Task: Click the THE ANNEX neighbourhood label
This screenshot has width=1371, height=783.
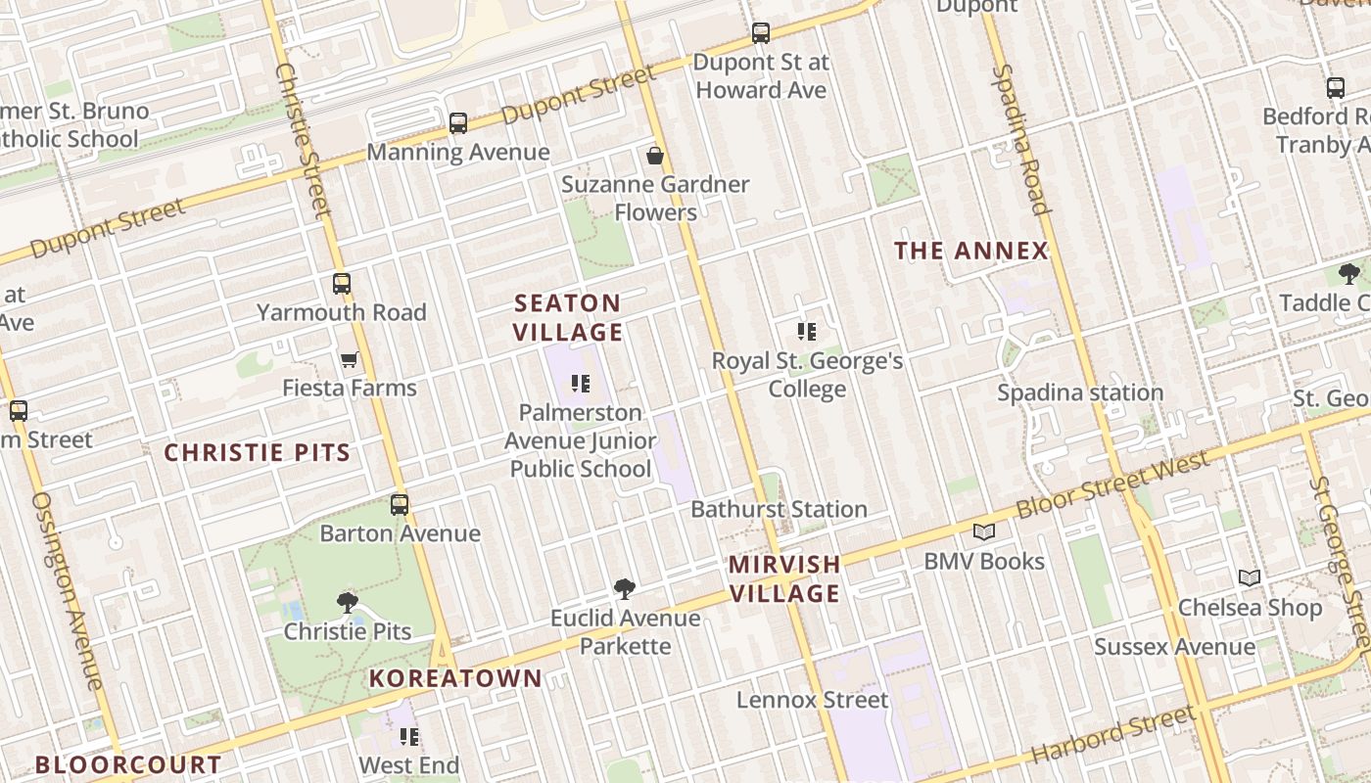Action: coord(971,251)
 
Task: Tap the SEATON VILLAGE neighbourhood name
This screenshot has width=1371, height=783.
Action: coord(568,317)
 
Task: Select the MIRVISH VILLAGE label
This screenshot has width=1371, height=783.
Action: coord(784,578)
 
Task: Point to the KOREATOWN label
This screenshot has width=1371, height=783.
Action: coord(455,678)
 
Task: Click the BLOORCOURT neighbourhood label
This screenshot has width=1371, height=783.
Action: coord(128,764)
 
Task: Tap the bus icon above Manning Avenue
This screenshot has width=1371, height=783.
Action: coord(458,123)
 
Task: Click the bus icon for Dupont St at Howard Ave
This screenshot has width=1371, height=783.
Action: coord(761,33)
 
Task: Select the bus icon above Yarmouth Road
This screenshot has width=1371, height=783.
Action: coord(342,284)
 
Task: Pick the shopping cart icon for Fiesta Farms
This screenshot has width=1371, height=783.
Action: coord(349,360)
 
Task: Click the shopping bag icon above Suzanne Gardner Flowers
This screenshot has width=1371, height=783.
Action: coord(655,156)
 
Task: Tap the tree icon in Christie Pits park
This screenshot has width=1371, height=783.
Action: coord(347,602)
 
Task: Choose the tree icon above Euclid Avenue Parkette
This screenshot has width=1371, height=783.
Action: coord(625,588)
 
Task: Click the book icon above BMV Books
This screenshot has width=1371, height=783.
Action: coord(984,531)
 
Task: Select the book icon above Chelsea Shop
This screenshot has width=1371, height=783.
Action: coord(1249,577)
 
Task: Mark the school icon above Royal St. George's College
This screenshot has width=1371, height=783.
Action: coord(807,332)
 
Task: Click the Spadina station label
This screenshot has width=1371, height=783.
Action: coord(1080,392)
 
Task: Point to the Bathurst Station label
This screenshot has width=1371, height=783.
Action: coord(779,509)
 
